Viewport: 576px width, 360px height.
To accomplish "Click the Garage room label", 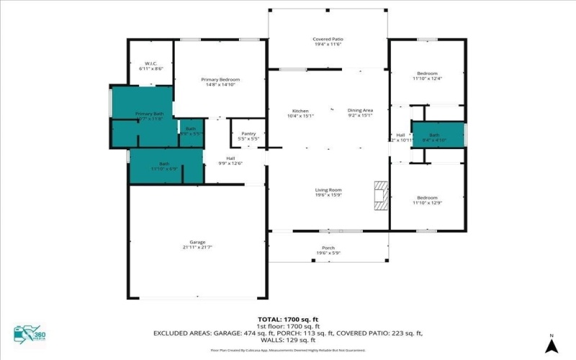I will point(198,244).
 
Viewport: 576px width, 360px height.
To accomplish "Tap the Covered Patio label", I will point(327,41).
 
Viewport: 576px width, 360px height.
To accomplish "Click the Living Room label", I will point(328,192).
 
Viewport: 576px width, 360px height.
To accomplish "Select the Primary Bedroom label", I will point(220,81).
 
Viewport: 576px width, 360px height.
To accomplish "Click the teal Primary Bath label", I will point(149,116).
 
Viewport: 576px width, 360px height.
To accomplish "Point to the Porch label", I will point(328,250).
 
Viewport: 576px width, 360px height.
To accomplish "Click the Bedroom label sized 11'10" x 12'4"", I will point(427,76).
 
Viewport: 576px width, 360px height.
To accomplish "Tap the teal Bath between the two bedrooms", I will point(435,137).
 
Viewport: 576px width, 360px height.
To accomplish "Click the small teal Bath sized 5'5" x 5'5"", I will point(191,132).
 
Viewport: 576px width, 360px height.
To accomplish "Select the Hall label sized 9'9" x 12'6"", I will point(230,161).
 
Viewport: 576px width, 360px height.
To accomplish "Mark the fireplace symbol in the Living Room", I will point(380,194).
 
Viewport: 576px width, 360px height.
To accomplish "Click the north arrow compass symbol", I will point(551,344).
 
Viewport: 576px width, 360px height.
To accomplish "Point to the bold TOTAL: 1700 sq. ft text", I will point(287,318).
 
